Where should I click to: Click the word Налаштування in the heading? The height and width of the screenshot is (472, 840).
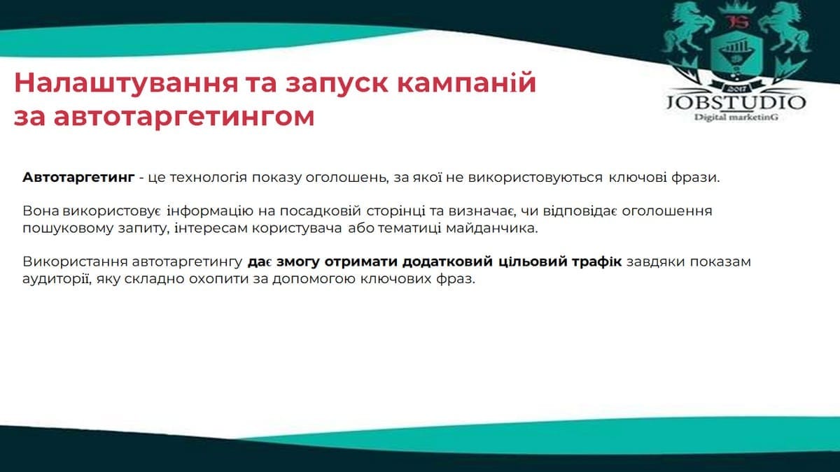point(127,83)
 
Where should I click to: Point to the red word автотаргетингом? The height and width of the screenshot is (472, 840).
point(183,117)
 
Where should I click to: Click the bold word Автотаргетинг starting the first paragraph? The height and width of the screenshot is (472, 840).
point(78,178)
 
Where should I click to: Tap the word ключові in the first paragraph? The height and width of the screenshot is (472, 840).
point(638,178)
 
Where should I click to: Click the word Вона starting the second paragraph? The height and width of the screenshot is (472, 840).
point(41,211)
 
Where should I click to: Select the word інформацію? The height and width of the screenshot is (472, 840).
point(210,211)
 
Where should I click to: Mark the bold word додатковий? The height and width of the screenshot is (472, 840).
point(447,262)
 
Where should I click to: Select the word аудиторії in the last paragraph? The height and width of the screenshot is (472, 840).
point(57,280)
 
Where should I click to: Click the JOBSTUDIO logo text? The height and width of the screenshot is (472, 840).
point(736,103)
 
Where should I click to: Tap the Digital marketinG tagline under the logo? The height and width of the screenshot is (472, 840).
point(736,117)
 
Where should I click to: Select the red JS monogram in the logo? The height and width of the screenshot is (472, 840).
point(737,22)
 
